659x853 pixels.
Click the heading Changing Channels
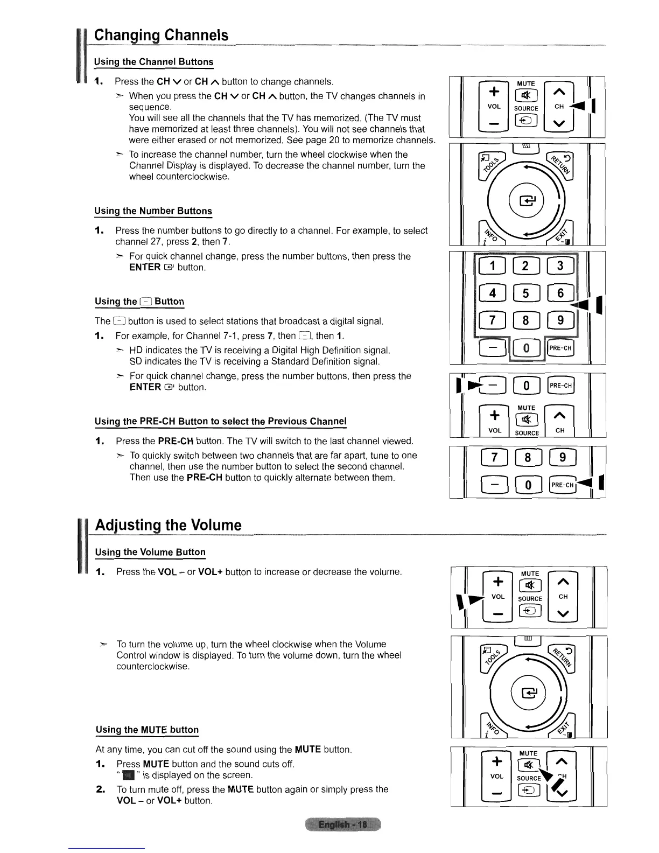pos(161,36)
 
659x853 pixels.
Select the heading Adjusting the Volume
pos(168,525)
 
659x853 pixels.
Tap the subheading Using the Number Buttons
pos(153,211)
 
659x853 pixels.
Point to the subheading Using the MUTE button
pos(147,730)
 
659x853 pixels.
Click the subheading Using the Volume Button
pos(150,553)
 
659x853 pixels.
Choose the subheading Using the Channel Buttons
pos(154,62)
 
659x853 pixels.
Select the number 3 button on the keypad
pos(560,265)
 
